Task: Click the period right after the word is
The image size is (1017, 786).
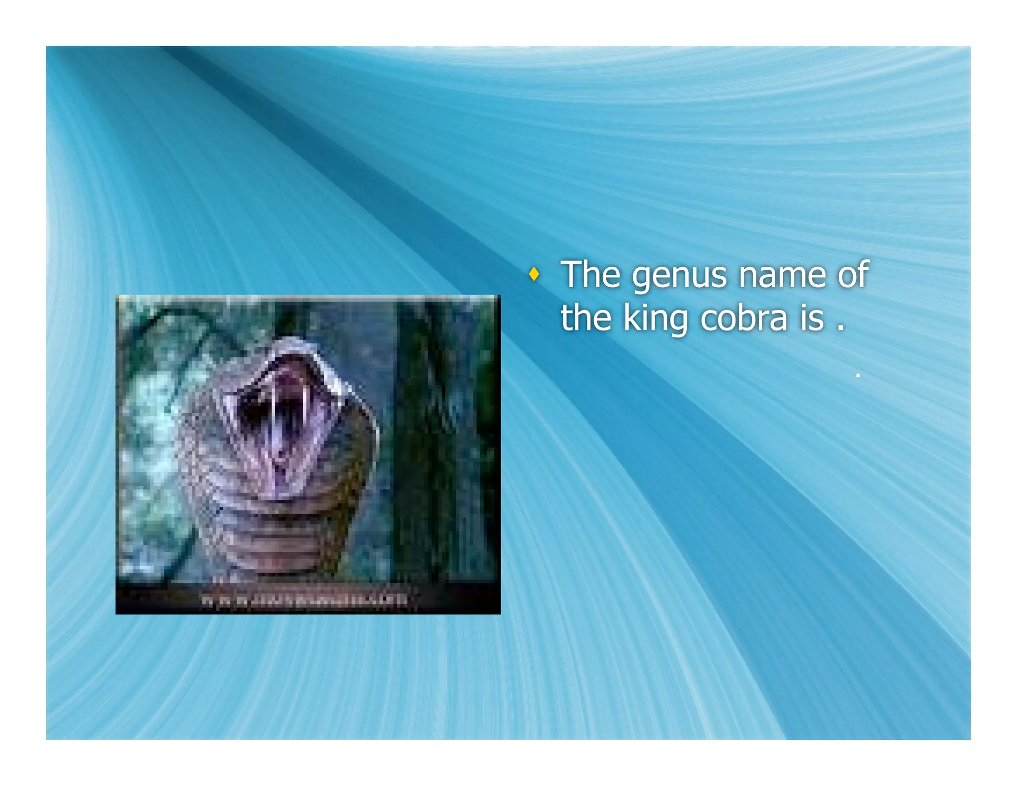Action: (x=840, y=328)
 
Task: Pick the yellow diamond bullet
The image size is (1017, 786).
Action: (x=534, y=274)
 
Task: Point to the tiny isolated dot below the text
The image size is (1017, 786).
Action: (x=858, y=376)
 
